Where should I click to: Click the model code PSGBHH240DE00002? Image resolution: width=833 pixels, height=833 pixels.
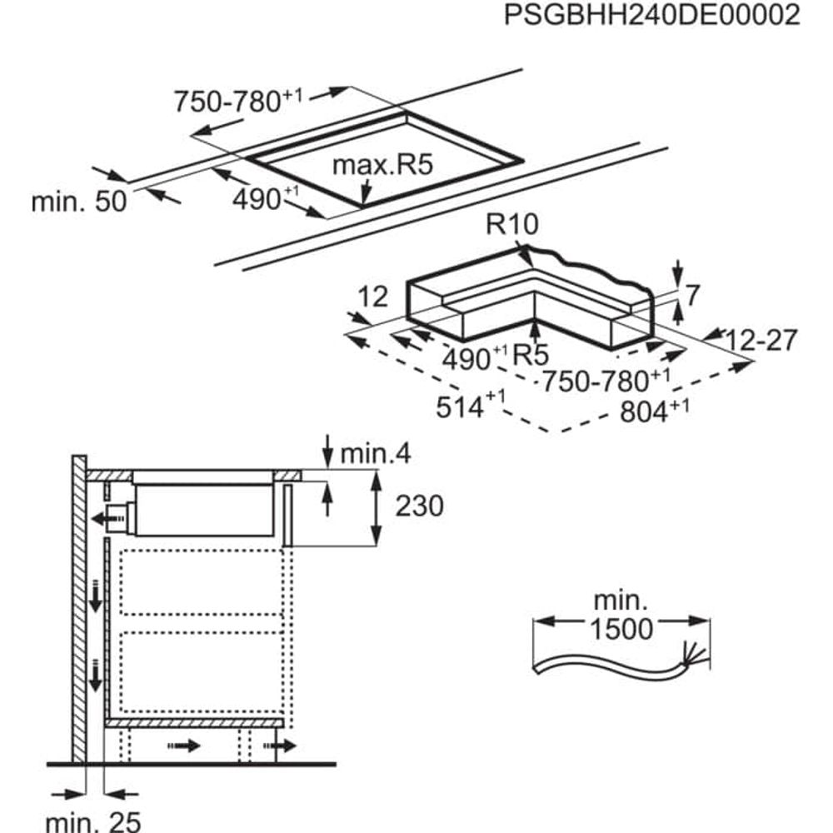point(652,16)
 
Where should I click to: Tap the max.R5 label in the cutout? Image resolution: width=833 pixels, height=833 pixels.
point(382,165)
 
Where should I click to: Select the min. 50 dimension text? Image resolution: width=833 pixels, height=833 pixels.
point(78,202)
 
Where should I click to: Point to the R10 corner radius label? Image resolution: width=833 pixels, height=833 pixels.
point(514,225)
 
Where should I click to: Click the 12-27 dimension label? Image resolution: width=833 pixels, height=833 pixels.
point(761,340)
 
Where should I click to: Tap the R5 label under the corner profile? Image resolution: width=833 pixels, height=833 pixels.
point(530,356)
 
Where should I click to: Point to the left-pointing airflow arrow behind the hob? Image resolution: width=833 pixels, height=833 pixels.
point(106,519)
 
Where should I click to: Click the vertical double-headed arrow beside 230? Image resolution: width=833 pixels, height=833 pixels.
point(377,506)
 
